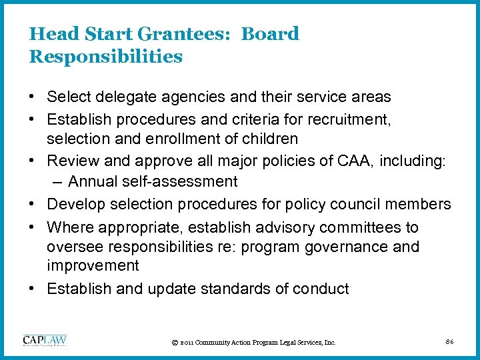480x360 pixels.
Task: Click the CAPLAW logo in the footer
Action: click(45, 340)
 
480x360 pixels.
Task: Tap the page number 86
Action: click(450, 342)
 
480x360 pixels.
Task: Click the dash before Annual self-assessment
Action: click(56, 181)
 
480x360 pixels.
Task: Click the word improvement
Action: click(93, 265)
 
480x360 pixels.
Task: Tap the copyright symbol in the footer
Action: click(174, 343)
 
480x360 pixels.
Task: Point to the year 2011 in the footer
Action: click(187, 343)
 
